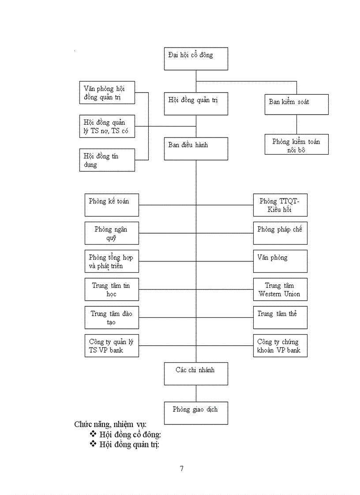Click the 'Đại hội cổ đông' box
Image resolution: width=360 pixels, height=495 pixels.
point(196,59)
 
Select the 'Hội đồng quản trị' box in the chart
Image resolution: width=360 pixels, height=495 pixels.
point(196,104)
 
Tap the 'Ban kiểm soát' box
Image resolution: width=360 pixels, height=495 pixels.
point(296,104)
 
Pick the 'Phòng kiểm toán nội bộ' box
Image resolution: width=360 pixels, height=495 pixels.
point(296,144)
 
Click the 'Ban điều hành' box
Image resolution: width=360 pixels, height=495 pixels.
point(196,149)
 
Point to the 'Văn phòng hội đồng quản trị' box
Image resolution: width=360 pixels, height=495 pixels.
point(107,93)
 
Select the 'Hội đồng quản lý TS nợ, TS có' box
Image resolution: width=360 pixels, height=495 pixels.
point(107,126)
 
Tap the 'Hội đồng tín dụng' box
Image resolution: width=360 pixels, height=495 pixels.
point(107,160)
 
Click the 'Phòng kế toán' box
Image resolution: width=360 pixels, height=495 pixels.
point(112,205)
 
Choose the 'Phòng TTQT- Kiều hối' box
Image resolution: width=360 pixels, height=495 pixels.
point(280,205)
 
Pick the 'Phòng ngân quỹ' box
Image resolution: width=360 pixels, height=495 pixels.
point(112,233)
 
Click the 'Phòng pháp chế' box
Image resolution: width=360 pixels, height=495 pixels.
point(280,233)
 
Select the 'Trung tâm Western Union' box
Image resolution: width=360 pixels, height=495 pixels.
point(280,290)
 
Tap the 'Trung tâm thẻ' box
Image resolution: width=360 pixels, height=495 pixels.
point(280,317)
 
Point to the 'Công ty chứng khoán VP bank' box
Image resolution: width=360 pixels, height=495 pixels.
point(280,346)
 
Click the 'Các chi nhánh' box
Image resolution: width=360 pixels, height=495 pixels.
point(196,374)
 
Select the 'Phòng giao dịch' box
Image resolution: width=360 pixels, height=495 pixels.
point(196,413)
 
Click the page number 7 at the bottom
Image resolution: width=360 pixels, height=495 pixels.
point(181,468)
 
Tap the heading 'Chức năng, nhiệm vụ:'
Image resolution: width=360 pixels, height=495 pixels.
point(110,424)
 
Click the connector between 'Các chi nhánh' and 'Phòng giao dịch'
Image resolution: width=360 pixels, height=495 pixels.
point(196,393)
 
